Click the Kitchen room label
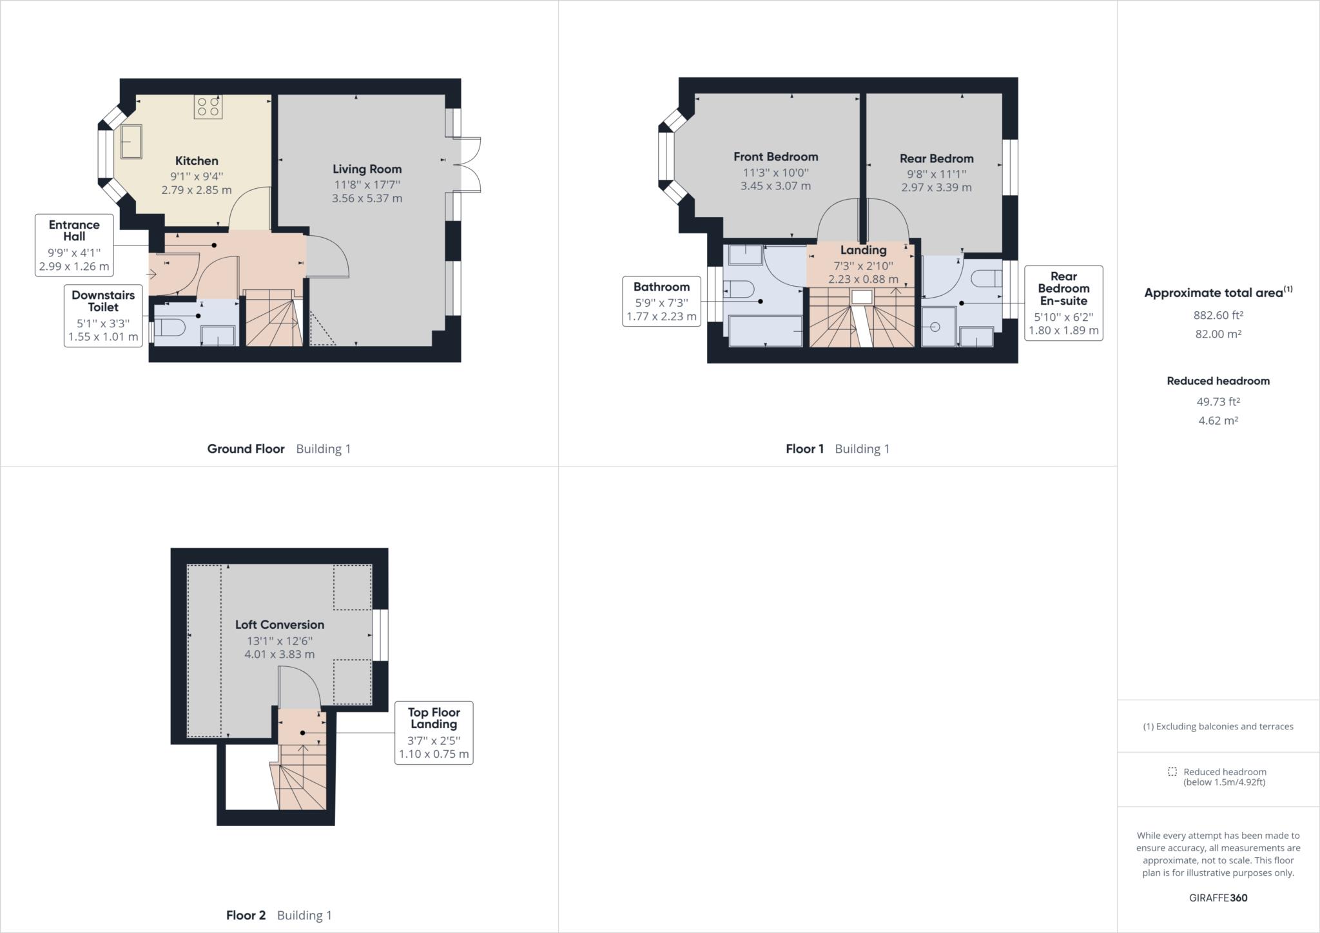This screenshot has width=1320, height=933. (197, 161)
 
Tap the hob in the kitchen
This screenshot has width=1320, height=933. (208, 106)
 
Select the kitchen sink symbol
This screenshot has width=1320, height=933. (131, 141)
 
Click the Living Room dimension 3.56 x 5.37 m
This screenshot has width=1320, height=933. (367, 198)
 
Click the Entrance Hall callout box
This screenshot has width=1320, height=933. (74, 245)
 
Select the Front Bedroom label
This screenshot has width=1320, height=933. (775, 157)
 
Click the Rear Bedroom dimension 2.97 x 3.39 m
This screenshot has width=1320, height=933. (936, 188)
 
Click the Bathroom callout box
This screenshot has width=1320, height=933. (661, 302)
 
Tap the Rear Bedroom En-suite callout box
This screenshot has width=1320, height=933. (1063, 303)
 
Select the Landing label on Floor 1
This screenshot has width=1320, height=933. (863, 250)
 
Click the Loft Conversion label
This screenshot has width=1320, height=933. (279, 624)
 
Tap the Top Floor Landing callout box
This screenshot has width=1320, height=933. (434, 733)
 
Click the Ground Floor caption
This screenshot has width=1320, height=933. (246, 449)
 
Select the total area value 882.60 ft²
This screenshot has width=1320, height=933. (1218, 315)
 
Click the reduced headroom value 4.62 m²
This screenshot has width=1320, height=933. (1218, 421)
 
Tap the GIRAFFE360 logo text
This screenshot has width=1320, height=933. (1218, 898)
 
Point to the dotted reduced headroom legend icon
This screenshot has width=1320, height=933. (1172, 772)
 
